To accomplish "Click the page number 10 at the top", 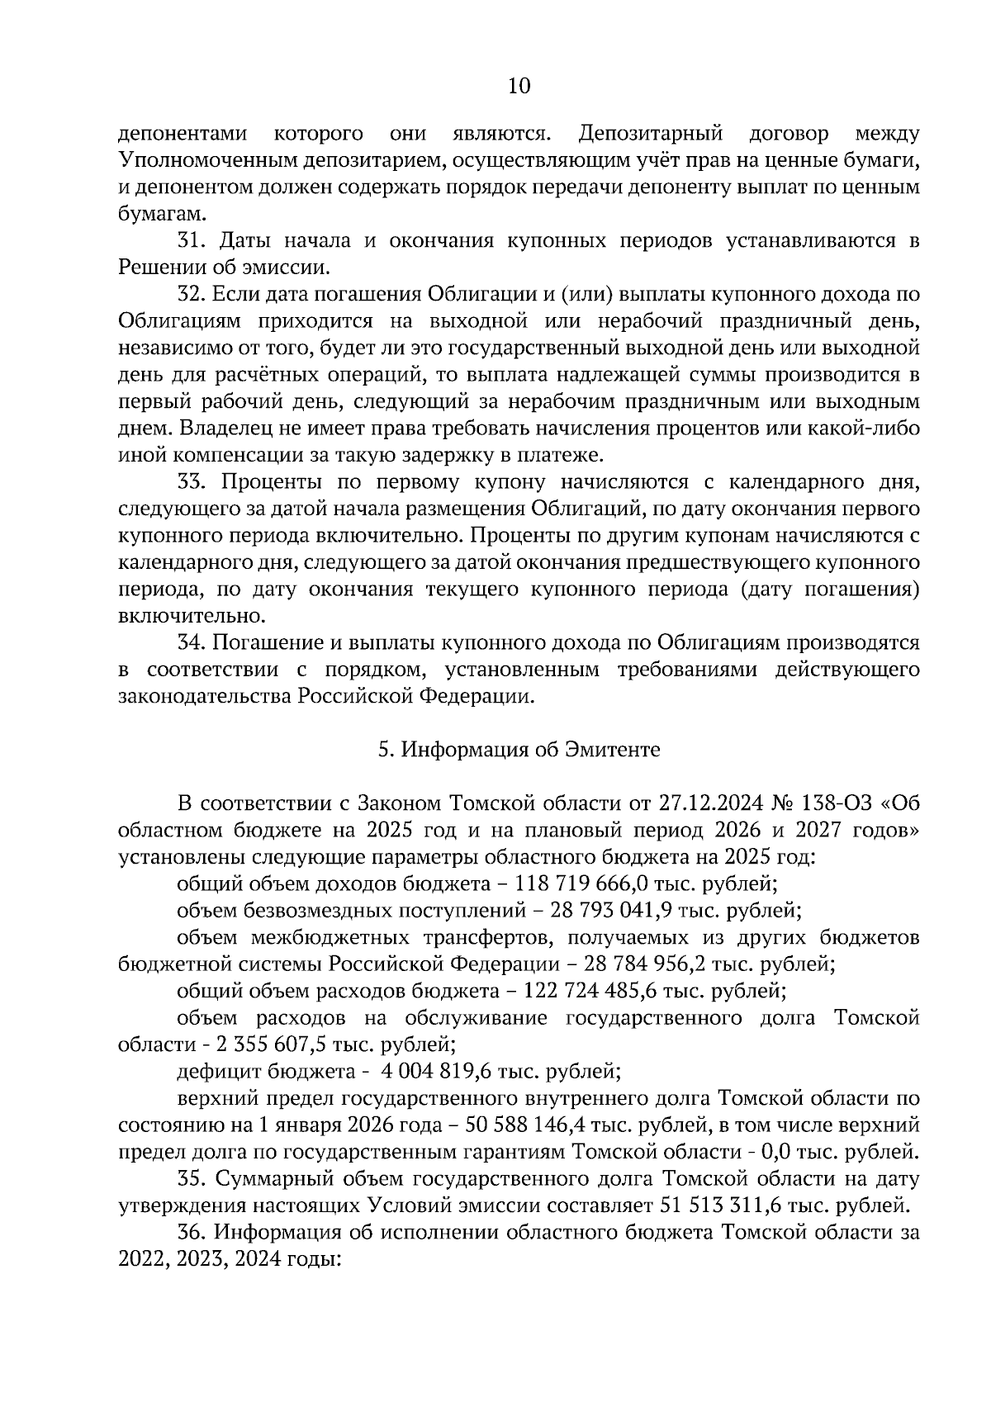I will (x=519, y=87).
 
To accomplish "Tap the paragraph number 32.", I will (x=192, y=295).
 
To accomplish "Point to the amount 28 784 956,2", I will (x=651, y=964).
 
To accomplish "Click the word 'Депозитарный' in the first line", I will (x=652, y=134).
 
